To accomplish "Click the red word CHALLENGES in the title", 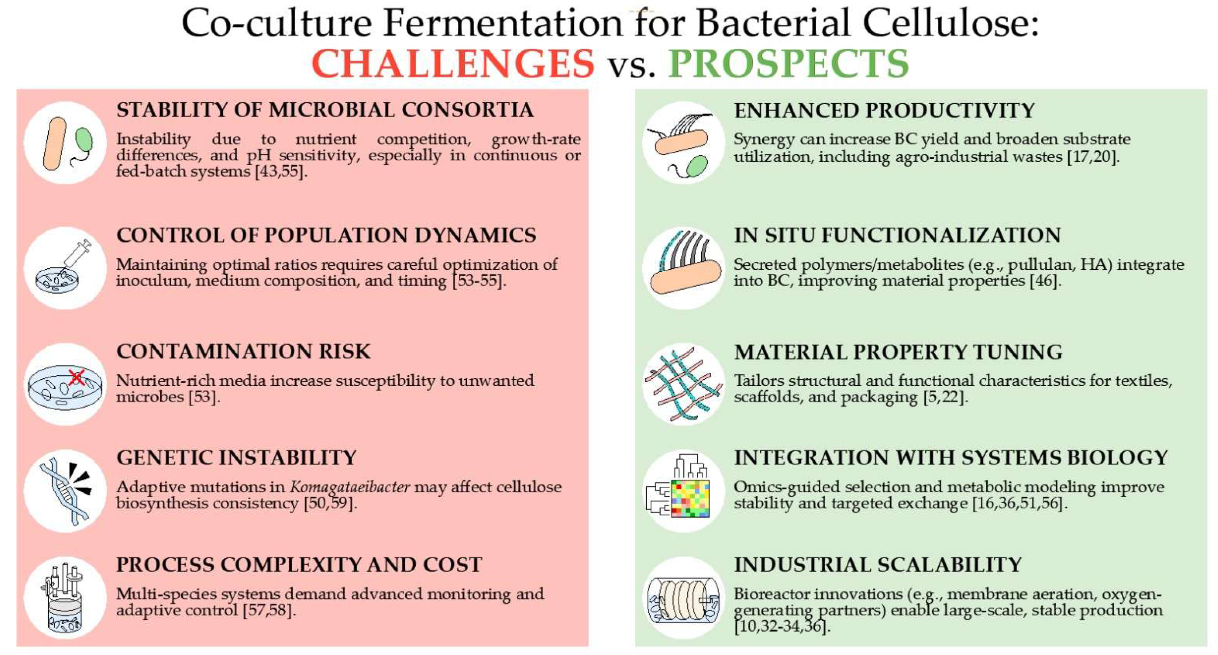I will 453,64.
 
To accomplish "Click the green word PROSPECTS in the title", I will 788,64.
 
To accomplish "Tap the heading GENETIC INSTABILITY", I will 237,458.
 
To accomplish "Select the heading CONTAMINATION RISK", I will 244,351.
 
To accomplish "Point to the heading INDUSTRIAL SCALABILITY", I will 878,565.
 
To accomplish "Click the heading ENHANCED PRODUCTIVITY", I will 884,110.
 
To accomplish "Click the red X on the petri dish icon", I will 77,377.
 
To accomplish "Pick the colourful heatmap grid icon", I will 690,499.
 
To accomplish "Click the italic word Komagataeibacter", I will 350,487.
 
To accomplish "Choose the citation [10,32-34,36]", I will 783,627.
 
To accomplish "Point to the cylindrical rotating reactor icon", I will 683,599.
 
